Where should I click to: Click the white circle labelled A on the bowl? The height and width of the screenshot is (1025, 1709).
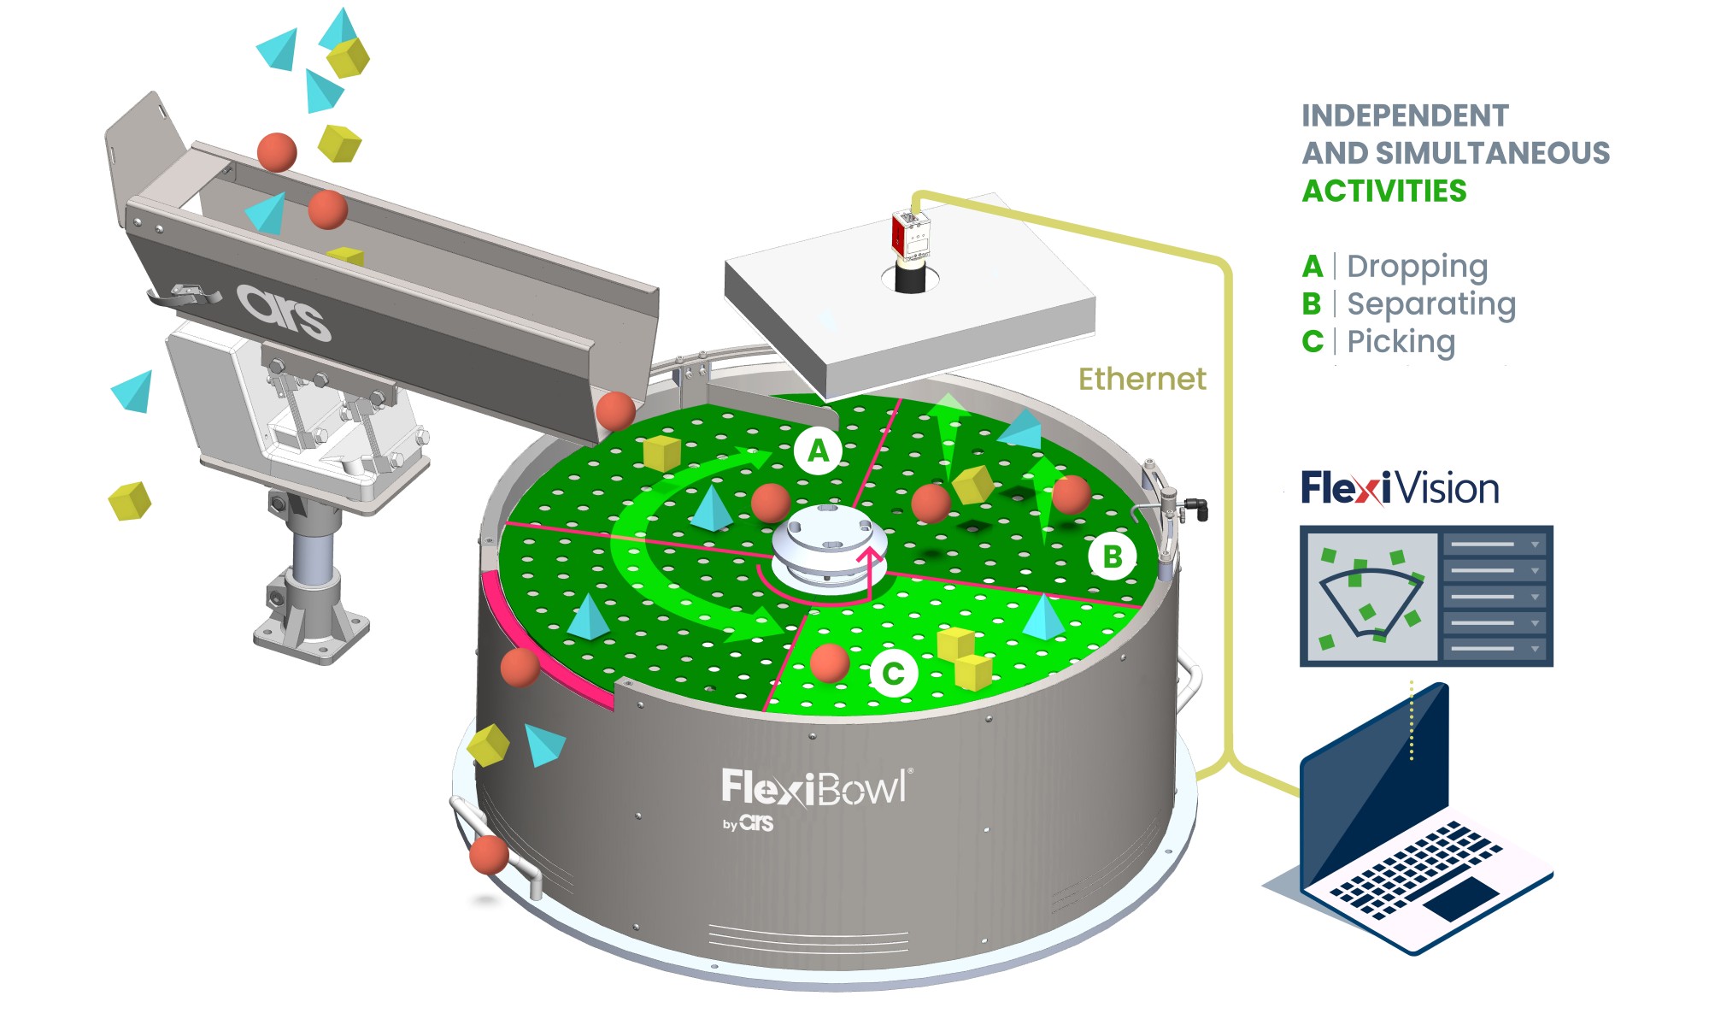(818, 450)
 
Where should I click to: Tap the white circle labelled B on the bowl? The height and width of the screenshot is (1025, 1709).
(1112, 557)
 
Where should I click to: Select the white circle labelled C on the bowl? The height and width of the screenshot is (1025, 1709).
(893, 674)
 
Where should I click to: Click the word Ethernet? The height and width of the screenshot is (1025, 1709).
(1142, 379)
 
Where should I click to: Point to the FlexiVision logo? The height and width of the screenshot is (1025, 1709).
(1400, 488)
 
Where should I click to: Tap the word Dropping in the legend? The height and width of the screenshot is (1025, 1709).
(1417, 267)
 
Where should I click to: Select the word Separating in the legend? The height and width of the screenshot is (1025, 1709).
(1431, 304)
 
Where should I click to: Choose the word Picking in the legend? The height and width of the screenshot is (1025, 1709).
(1401, 342)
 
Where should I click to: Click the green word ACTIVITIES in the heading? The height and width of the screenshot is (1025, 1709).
(1384, 191)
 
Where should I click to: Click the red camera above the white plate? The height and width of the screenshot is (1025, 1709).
(911, 233)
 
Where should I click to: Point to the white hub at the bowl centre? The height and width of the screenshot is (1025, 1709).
(828, 547)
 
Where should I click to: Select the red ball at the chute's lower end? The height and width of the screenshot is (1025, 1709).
(615, 410)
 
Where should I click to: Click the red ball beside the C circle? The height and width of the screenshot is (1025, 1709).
(829, 663)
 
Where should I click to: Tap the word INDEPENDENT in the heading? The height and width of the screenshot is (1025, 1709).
(1405, 115)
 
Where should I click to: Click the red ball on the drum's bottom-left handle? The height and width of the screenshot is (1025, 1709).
(489, 854)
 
